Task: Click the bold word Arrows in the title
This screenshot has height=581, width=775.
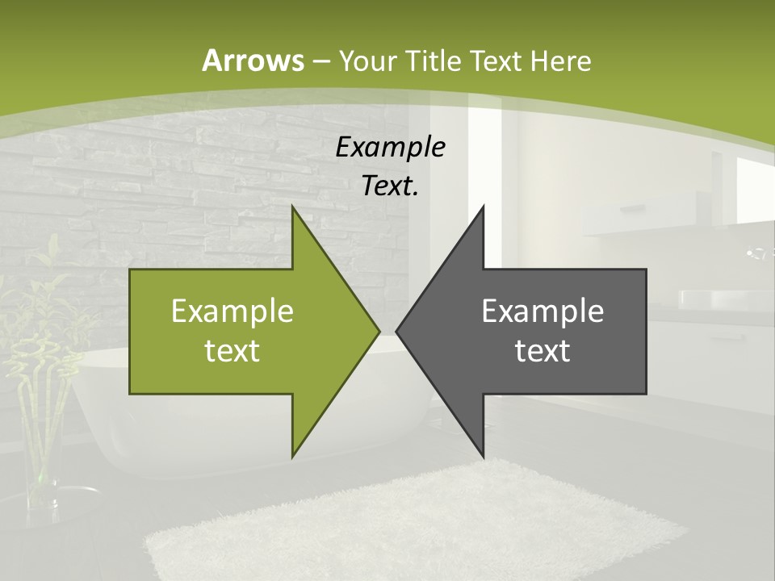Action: coord(252,61)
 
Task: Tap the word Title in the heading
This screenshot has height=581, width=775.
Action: coord(434,61)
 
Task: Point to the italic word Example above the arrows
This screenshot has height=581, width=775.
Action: coord(391,147)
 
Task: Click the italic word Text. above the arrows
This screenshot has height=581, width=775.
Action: coord(391,186)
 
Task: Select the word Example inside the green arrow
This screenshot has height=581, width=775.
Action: coord(232,311)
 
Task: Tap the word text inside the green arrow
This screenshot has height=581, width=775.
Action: coord(232,350)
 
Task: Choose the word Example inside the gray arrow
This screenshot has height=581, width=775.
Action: coord(542,311)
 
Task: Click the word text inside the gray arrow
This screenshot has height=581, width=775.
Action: coord(542,350)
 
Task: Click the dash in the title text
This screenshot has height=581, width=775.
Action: coord(320,61)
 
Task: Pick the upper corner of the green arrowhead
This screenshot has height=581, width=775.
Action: coord(292,207)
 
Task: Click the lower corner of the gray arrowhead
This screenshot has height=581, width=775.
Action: coord(484,456)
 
